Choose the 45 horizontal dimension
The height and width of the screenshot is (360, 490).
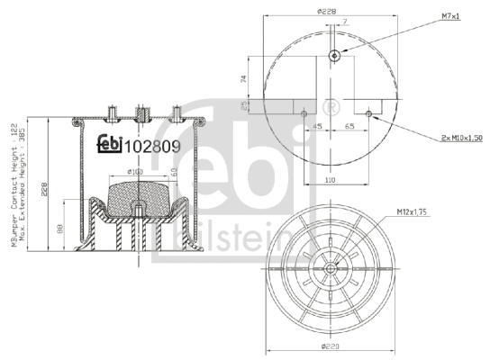coord(317,127)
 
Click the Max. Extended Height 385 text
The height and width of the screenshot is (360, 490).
coord(24,190)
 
